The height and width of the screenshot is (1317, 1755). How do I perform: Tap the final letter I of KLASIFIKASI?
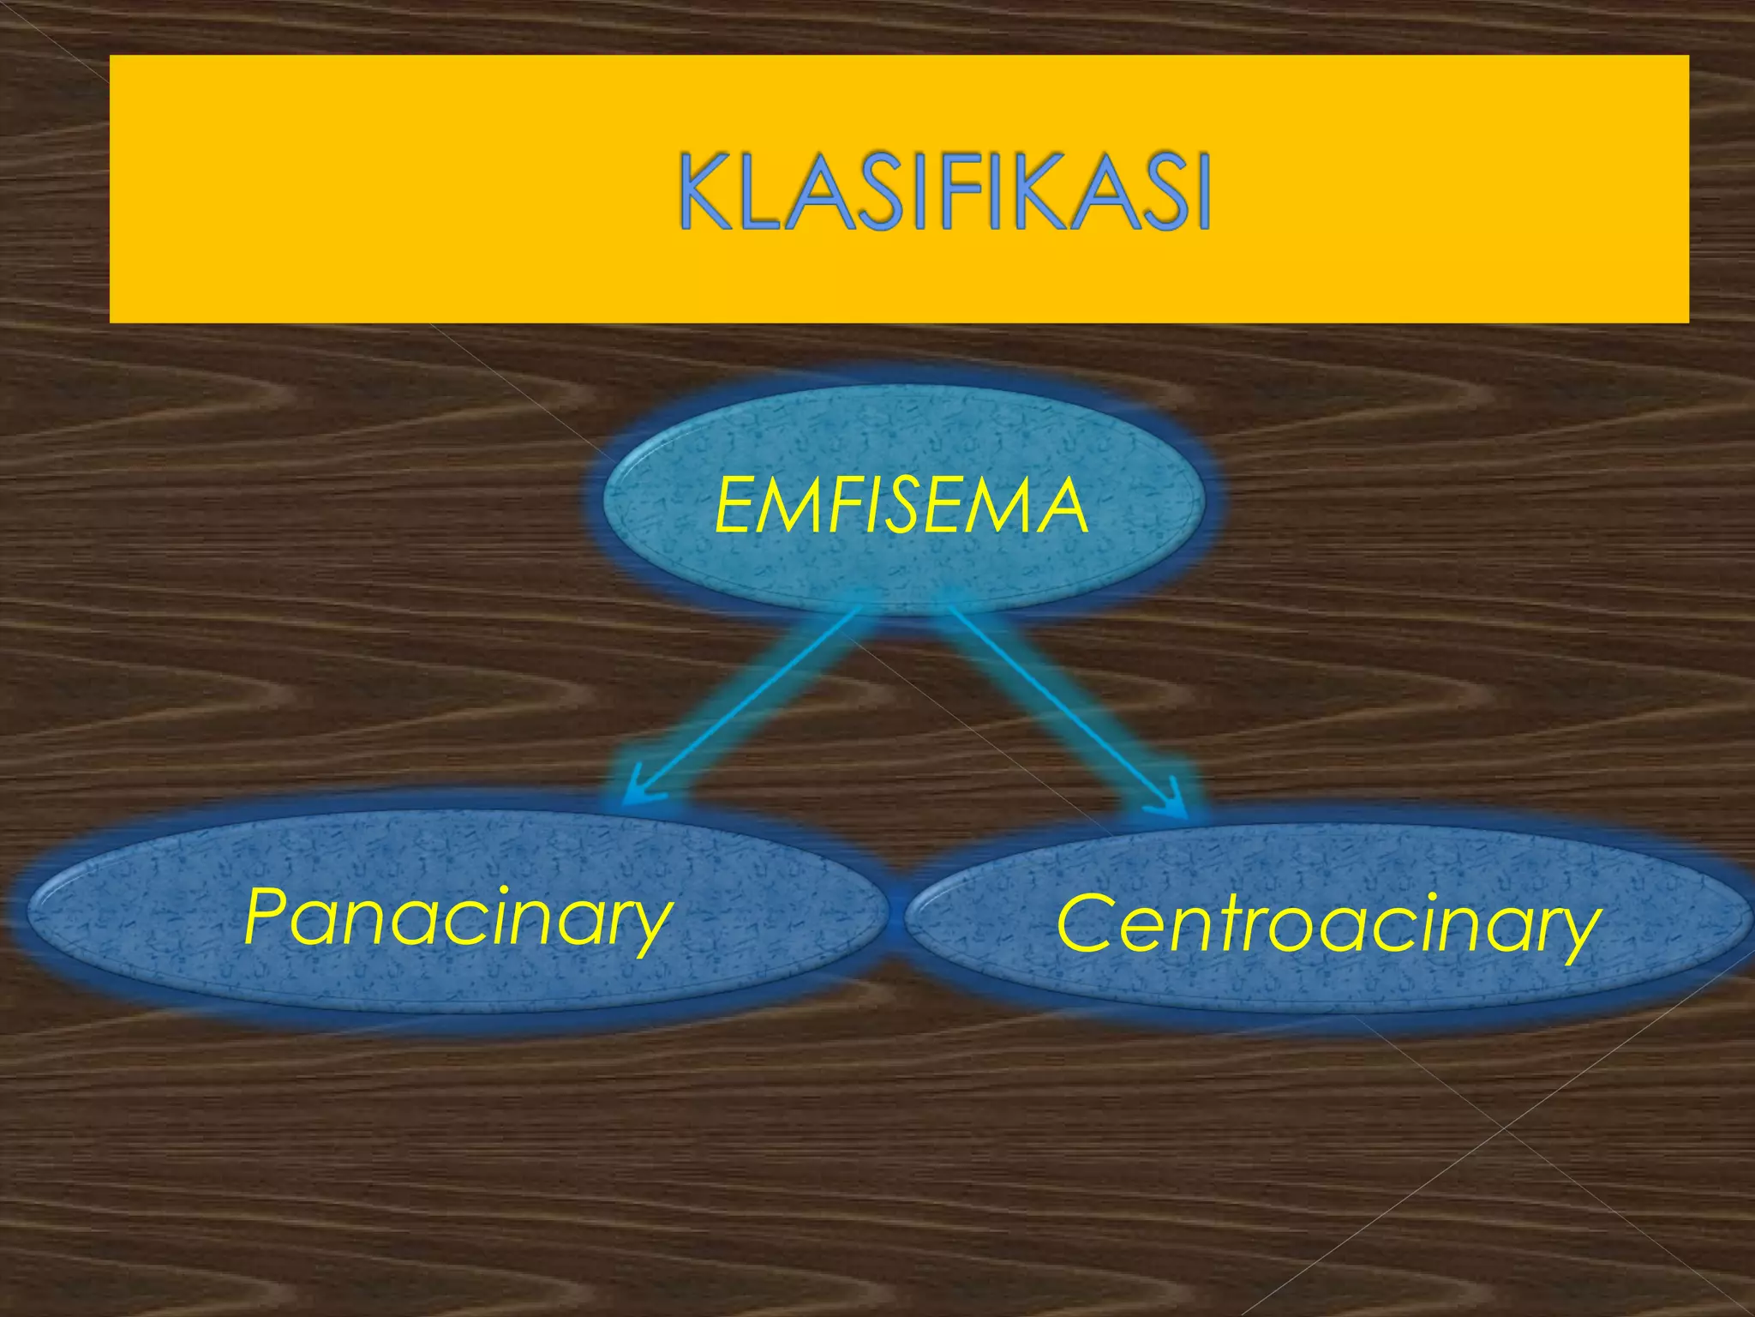[x=1199, y=193]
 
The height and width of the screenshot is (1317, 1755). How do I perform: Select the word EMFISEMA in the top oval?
[x=901, y=507]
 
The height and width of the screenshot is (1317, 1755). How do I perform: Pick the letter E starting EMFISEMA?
[x=735, y=507]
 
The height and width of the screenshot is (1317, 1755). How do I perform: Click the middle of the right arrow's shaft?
[x=1063, y=707]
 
